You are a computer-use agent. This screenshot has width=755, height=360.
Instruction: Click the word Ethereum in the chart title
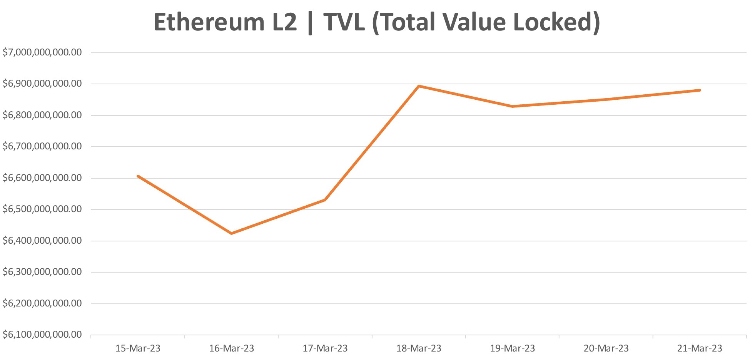209,22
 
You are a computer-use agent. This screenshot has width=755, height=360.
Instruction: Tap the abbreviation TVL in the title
344,22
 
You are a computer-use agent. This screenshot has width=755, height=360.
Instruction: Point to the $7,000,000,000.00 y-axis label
42,52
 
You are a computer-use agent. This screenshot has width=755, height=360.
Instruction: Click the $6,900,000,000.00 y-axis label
42,84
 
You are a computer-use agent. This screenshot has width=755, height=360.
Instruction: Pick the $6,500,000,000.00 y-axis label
42,209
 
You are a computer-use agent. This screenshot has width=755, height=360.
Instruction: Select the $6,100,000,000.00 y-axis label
42,335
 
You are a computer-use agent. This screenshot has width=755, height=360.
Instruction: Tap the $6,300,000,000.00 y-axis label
42,272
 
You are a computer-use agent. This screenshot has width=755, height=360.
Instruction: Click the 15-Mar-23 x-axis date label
138,348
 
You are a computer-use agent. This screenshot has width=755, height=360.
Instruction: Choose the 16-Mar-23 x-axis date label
232,348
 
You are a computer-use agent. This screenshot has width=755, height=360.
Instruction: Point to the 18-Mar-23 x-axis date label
419,348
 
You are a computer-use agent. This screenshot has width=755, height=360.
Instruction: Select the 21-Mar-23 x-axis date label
700,348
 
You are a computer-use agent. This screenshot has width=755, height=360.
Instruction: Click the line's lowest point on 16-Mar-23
231,233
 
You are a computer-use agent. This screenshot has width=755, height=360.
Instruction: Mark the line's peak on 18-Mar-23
419,86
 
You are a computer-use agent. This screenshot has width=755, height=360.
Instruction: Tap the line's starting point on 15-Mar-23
138,176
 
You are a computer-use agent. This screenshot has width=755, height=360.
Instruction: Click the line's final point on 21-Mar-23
700,90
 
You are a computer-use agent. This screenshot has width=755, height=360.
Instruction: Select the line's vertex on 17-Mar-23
325,200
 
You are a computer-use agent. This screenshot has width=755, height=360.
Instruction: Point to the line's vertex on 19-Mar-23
513,106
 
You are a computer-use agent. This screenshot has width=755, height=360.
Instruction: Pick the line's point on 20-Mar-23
606,99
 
